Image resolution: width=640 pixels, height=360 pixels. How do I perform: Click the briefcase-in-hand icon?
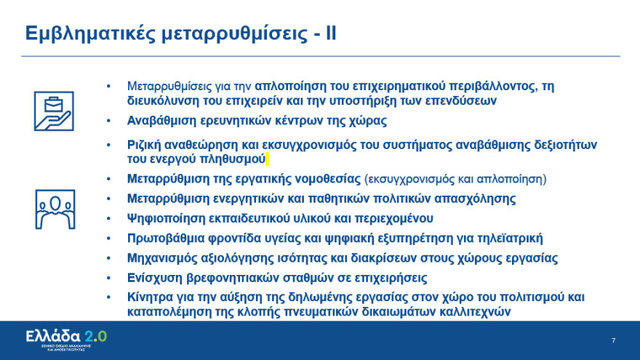pos(53,111)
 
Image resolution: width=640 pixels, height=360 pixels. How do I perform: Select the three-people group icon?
pos(54,208)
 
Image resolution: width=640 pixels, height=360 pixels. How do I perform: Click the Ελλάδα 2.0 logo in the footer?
pos(66,337)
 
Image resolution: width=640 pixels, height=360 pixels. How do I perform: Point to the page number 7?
pos(613,340)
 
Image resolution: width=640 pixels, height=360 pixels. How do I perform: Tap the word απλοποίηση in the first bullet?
pos(288,86)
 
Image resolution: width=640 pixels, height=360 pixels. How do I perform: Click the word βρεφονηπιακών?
pos(236,278)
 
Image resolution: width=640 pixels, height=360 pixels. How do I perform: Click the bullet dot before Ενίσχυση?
pos(109,278)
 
